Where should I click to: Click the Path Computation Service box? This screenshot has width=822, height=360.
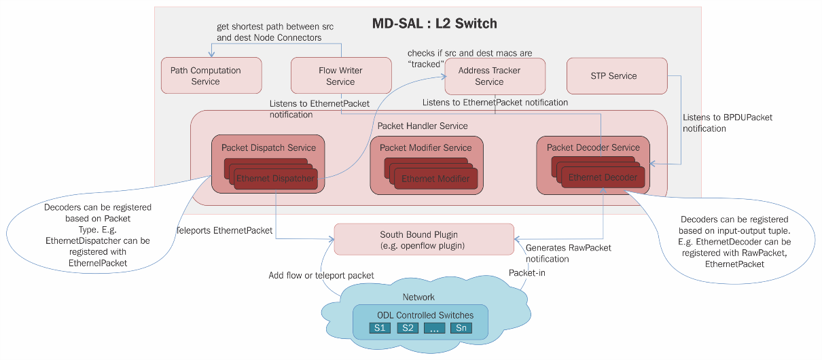pos(211,75)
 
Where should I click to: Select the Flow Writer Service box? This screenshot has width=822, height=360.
pos(340,75)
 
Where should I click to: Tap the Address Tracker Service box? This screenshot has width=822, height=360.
pos(495,75)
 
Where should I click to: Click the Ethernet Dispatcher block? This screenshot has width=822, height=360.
pos(276,179)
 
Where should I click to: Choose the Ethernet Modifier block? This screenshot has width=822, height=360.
pos(435,179)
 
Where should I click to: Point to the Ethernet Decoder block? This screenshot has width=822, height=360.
pos(603,177)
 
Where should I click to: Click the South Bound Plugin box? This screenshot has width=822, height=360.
pos(424,240)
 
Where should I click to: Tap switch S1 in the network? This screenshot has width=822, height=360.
pos(380,328)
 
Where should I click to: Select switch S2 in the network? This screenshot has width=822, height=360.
pos(408,328)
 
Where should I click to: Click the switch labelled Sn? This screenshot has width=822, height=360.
pos(461,328)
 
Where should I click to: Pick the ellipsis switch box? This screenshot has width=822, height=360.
pos(434,328)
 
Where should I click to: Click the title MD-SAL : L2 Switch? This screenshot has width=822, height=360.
pos(435,24)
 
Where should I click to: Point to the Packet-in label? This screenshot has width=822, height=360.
pos(526,272)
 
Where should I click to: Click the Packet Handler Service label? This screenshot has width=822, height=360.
pos(423,126)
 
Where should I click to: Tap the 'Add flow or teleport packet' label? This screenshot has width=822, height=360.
pos(321,276)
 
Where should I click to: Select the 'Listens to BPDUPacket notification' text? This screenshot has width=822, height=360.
pos(727,123)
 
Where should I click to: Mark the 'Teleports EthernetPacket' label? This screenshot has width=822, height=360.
pos(224,230)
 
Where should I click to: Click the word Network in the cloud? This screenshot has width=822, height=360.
pos(418,297)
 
